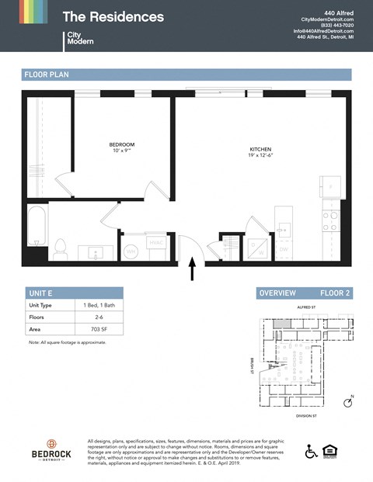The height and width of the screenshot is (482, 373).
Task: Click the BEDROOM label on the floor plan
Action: [121, 145]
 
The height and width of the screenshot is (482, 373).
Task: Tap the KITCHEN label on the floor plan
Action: [260, 150]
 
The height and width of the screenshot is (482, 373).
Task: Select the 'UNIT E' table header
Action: [40, 293]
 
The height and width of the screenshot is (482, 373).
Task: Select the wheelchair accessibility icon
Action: [311, 451]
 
